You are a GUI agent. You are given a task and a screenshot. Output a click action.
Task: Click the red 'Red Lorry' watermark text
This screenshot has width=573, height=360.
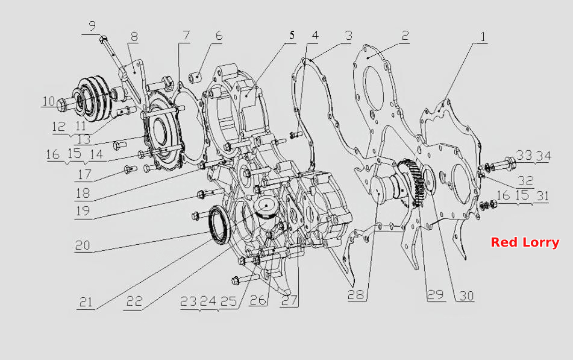[x=525, y=242]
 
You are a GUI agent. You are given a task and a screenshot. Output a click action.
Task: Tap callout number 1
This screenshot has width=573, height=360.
[x=483, y=37]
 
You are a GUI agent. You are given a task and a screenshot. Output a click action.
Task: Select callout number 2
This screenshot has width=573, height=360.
[x=405, y=36]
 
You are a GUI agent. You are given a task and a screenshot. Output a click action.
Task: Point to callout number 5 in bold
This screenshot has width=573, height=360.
[x=292, y=35]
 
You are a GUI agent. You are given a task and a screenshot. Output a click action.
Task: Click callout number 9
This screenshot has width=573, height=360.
[x=92, y=26]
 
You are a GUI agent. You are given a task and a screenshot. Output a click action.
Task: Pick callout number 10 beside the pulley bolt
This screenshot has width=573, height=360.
[x=49, y=101]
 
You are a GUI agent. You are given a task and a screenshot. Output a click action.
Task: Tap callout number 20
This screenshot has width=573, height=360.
[x=83, y=245]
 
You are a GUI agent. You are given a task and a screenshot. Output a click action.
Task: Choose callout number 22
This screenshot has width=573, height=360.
[x=134, y=301]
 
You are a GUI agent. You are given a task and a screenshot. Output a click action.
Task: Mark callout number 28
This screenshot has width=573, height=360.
[x=355, y=294]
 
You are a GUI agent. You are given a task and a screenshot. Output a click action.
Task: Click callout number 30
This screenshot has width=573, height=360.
[x=466, y=295]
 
